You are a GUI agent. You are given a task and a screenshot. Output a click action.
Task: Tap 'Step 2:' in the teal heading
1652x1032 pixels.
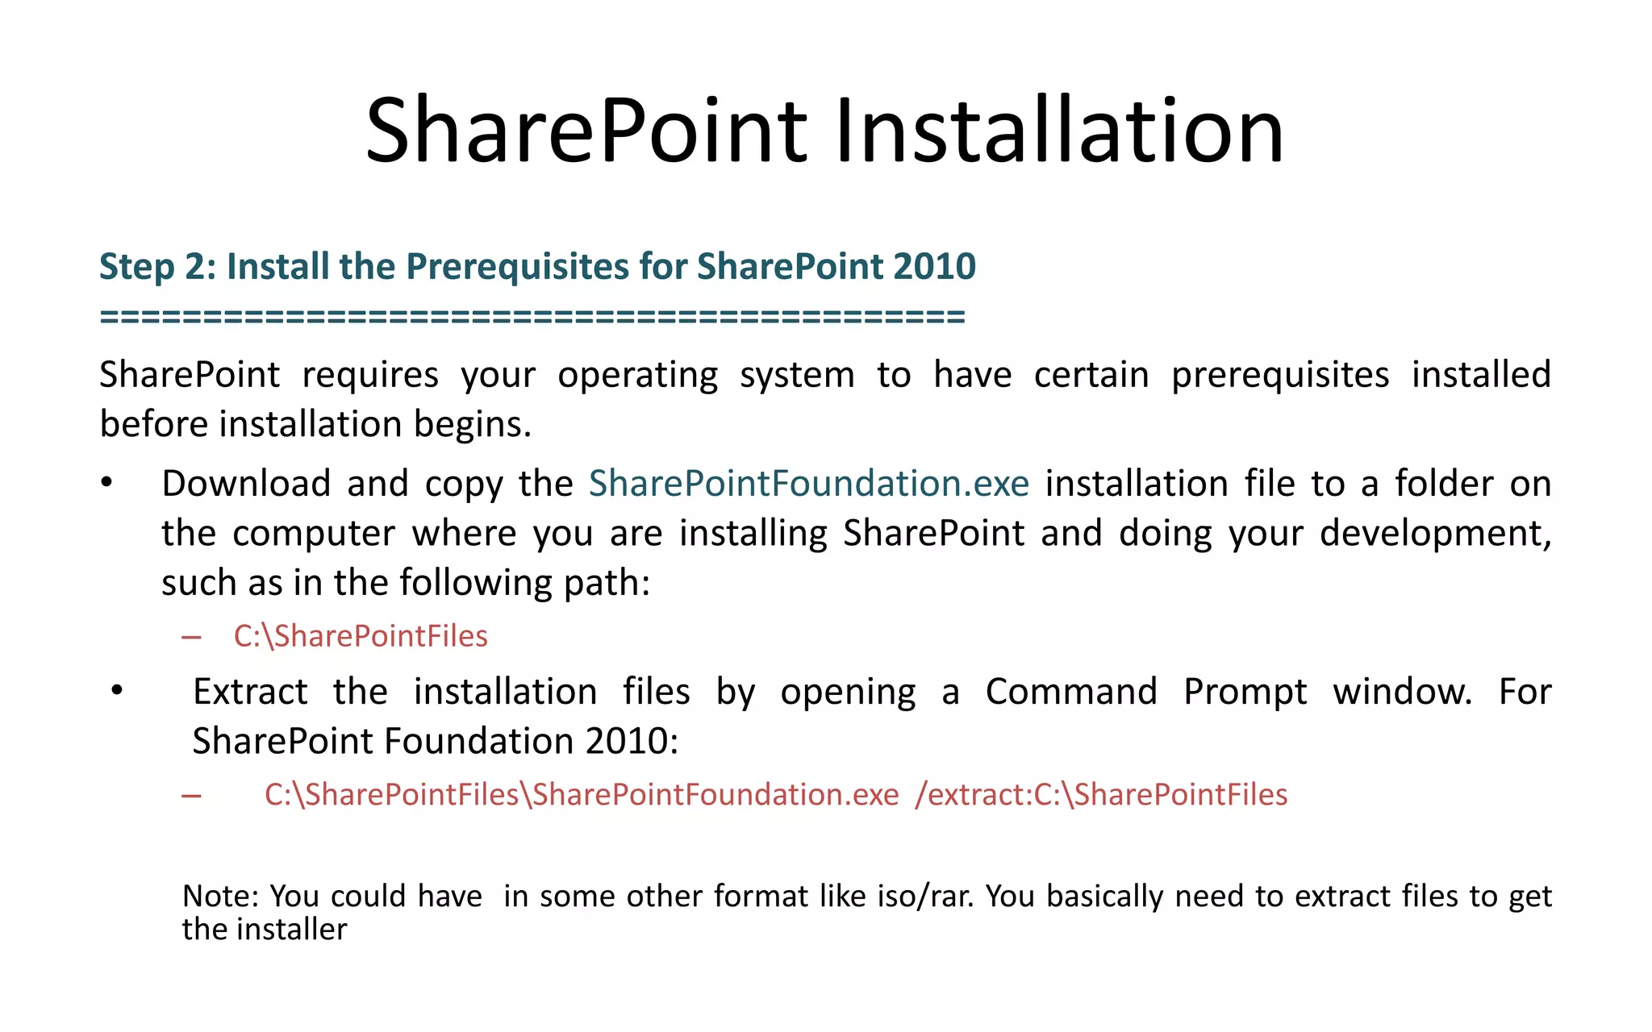click(x=158, y=267)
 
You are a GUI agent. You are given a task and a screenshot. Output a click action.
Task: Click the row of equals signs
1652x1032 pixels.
click(x=532, y=316)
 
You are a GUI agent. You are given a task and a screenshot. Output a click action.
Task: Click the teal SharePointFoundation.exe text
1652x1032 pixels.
click(x=808, y=484)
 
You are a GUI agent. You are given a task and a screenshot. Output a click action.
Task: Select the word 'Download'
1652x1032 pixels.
click(x=246, y=484)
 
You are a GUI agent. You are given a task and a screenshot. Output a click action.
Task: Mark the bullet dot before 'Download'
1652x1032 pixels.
click(x=106, y=483)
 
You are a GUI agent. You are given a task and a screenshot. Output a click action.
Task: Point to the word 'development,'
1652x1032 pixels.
click(x=1435, y=534)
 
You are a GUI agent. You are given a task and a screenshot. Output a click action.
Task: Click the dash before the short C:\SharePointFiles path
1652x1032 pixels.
click(x=191, y=638)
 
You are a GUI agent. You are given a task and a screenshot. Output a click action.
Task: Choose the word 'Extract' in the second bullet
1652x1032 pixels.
click(x=250, y=692)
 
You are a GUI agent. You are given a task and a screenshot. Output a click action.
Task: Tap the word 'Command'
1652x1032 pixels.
click(x=1071, y=692)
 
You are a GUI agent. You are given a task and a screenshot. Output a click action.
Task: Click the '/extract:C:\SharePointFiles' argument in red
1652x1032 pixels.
click(x=1101, y=795)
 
